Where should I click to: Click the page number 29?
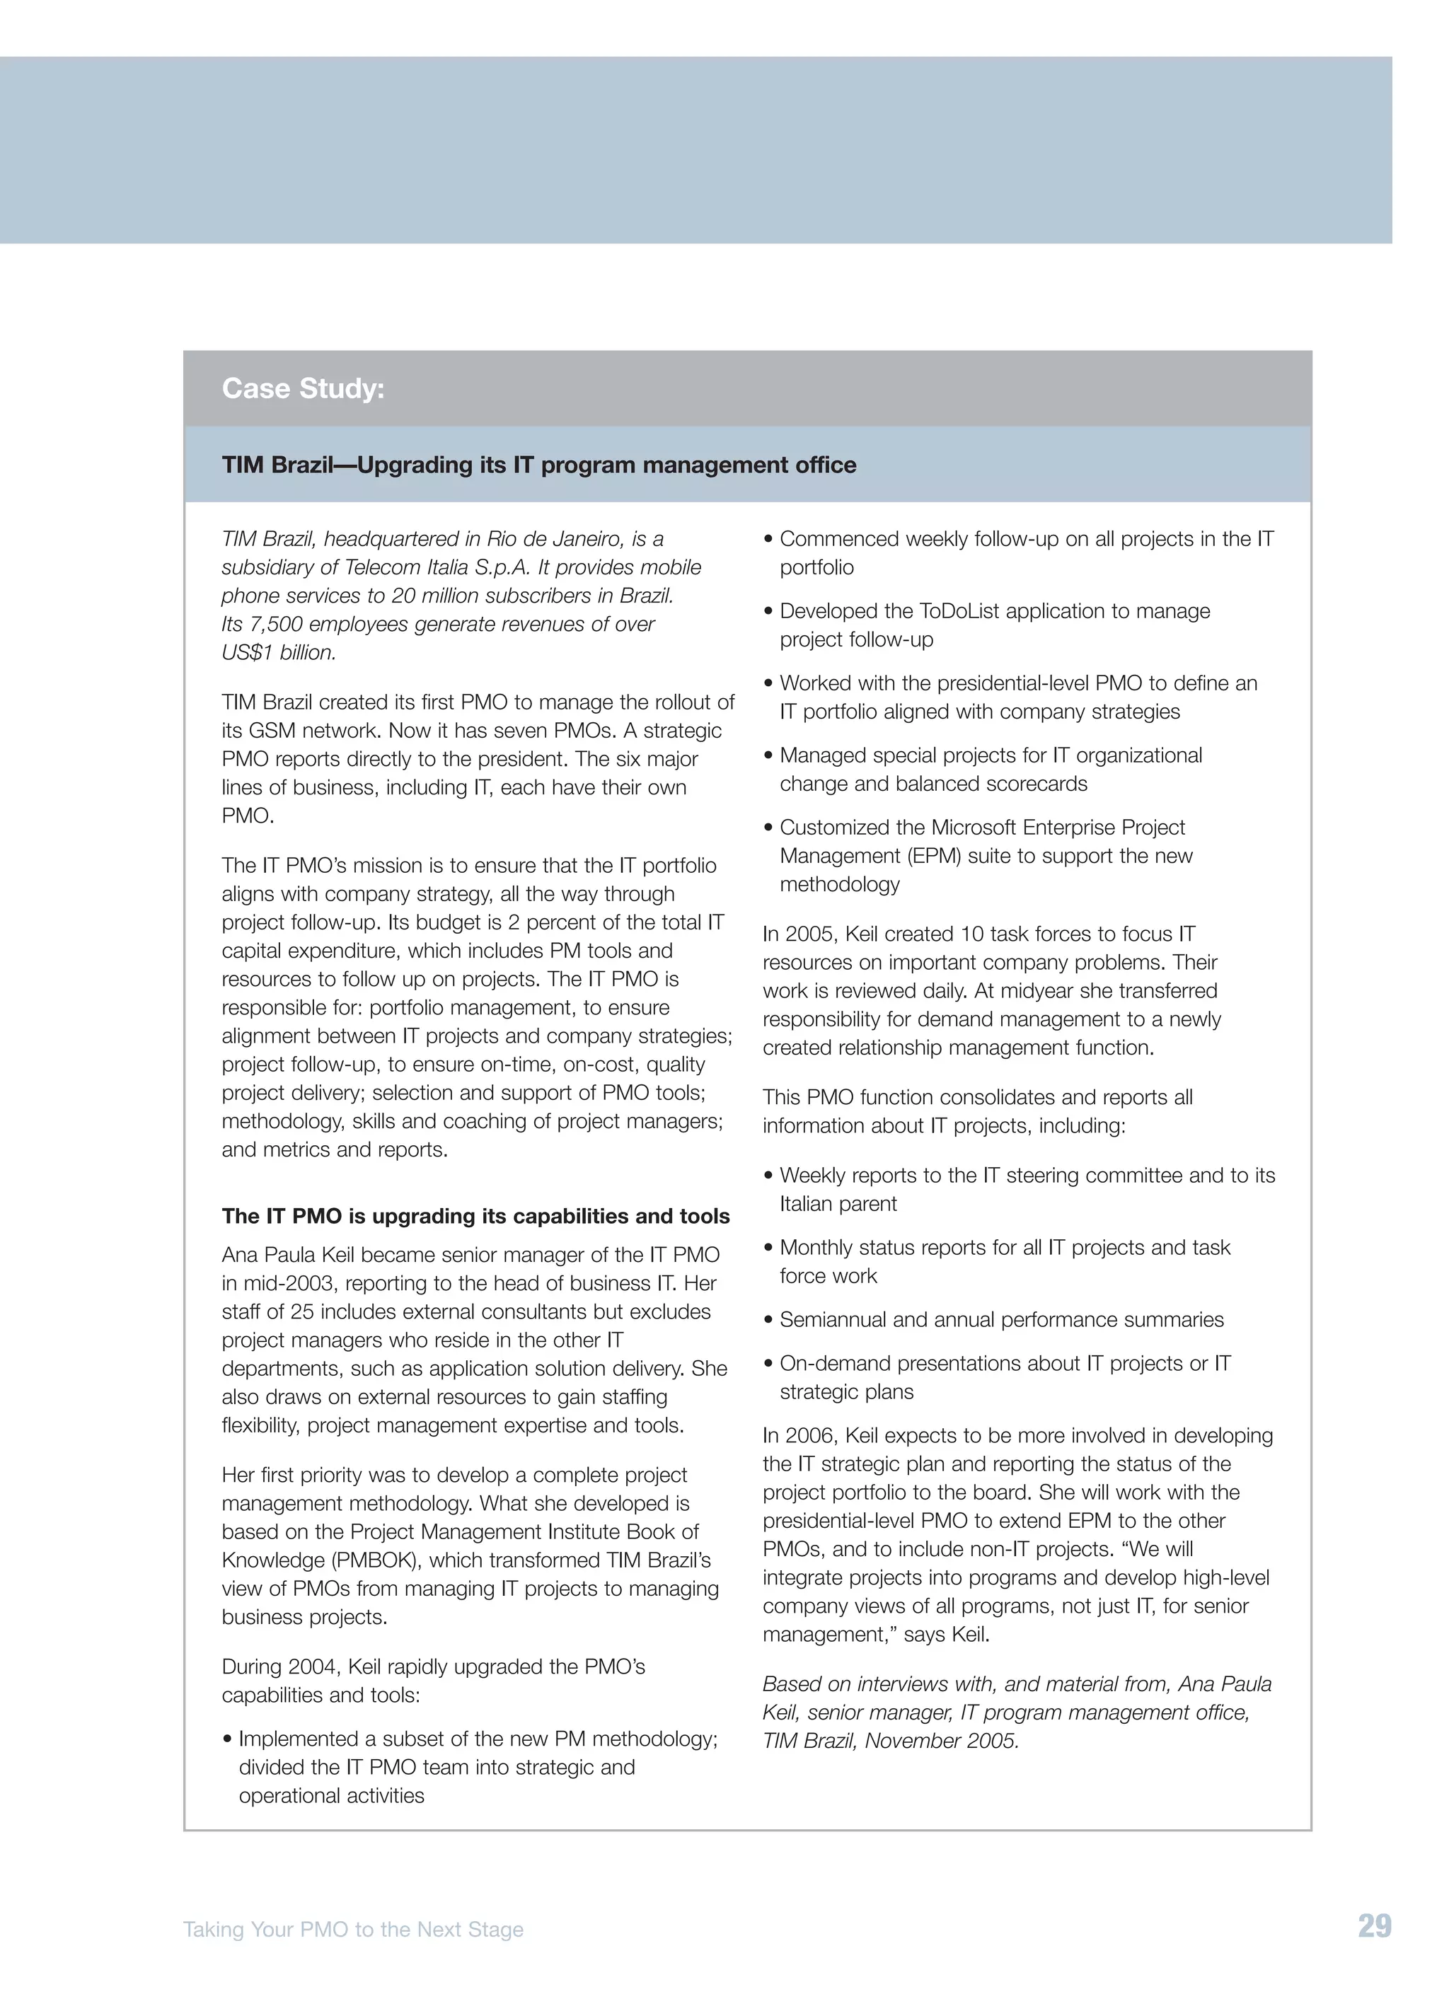[x=1374, y=1925]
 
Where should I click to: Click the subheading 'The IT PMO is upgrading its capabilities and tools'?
[x=475, y=1216]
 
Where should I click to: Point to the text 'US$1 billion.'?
[x=279, y=652]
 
